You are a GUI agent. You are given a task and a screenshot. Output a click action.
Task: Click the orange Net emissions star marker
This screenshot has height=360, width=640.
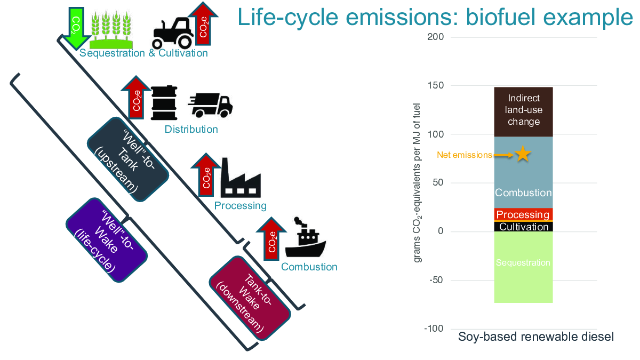pyautogui.click(x=523, y=155)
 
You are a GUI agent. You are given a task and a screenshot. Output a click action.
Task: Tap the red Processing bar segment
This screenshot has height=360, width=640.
pyautogui.click(x=523, y=214)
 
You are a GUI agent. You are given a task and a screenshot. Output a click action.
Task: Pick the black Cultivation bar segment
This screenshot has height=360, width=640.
pyautogui.click(x=523, y=227)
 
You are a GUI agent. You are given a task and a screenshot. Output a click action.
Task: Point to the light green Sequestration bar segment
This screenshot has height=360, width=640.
pyautogui.click(x=523, y=267)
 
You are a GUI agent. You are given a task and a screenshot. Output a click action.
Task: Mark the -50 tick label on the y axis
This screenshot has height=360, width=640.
pyautogui.click(x=436, y=281)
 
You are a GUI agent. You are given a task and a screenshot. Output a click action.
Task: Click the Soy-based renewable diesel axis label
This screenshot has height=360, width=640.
pyautogui.click(x=536, y=337)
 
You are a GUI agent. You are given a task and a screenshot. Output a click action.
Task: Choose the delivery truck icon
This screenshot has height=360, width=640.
pyautogui.click(x=210, y=105)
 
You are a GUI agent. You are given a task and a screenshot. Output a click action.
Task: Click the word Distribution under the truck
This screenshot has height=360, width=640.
pyautogui.click(x=191, y=130)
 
